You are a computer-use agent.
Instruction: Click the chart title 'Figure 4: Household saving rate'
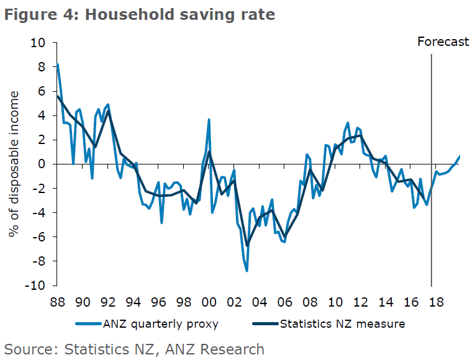pyautogui.click(x=140, y=14)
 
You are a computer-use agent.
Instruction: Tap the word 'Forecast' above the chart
pyautogui.click(x=443, y=42)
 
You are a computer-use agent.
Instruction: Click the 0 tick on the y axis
pyautogui.click(x=43, y=164)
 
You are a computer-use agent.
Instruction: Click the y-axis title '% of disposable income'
pyautogui.click(x=14, y=164)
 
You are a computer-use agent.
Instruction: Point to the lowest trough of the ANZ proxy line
pyautogui.click(x=247, y=271)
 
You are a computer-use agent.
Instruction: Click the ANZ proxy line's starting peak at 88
pyautogui.click(x=57, y=65)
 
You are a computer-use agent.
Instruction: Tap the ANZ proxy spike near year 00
pyautogui.click(x=209, y=120)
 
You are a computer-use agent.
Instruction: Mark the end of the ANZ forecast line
pyautogui.click(x=459, y=156)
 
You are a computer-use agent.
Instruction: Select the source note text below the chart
pyautogui.click(x=134, y=349)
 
